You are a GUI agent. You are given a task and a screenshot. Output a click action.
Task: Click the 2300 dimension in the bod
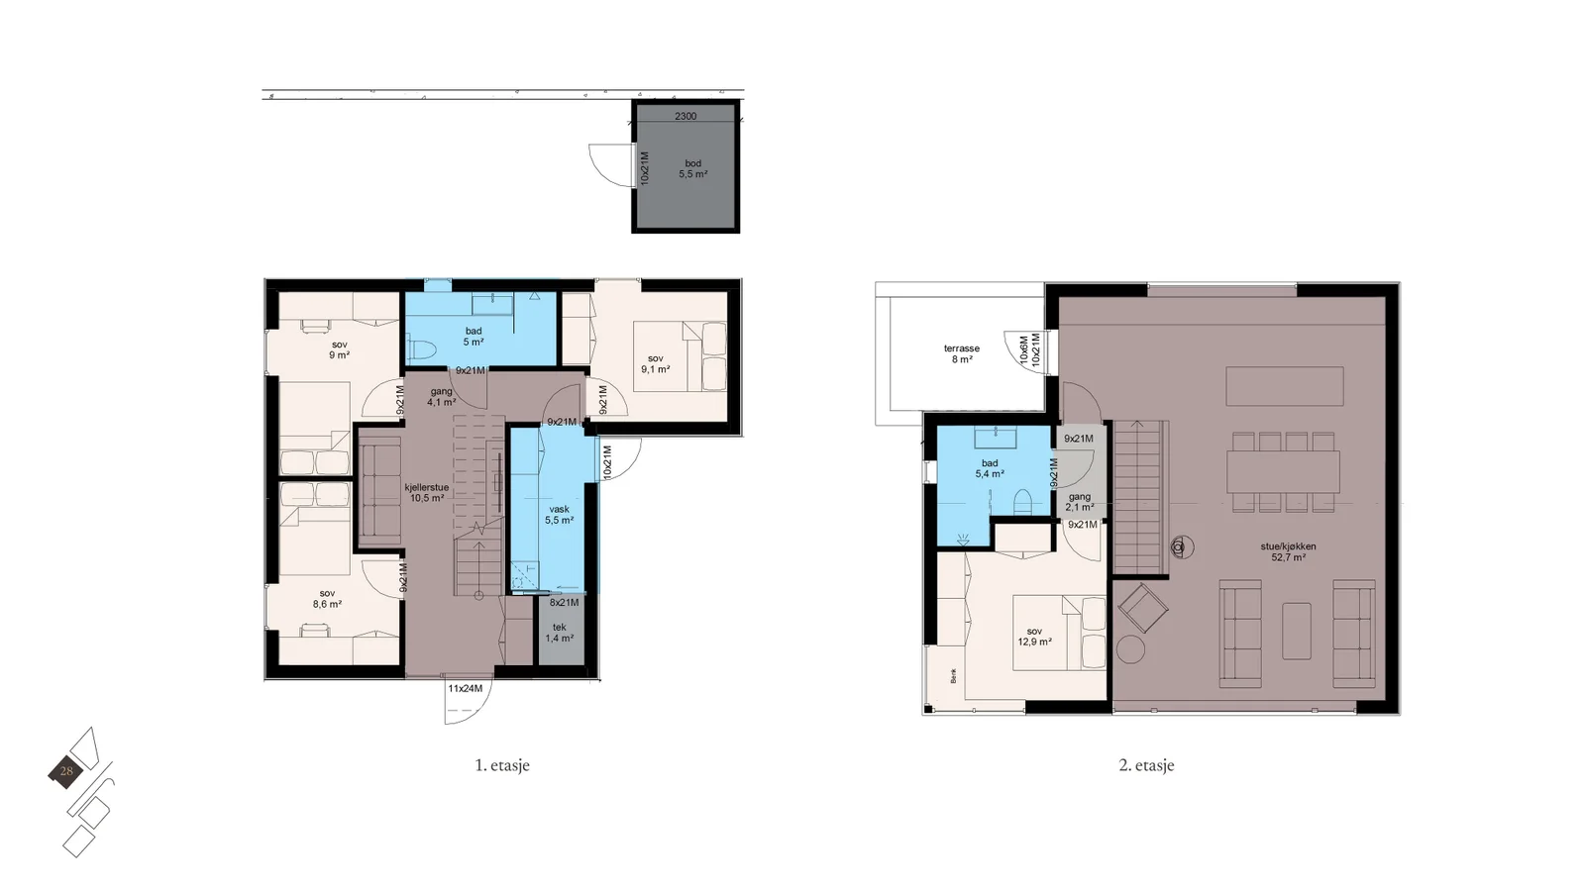(x=685, y=116)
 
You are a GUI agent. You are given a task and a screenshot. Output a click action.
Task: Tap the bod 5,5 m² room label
(x=692, y=168)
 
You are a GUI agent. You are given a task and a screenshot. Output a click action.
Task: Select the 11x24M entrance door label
(x=465, y=688)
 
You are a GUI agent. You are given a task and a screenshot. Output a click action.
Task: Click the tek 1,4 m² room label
(x=559, y=633)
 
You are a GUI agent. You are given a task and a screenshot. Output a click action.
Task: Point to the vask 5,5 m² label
(x=559, y=514)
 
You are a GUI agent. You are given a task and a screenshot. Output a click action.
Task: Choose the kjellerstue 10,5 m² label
(x=427, y=492)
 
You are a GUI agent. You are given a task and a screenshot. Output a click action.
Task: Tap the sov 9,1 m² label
(x=655, y=363)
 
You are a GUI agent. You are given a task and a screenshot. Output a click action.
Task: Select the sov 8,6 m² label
(x=327, y=598)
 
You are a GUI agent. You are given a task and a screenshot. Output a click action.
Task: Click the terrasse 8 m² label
(x=962, y=353)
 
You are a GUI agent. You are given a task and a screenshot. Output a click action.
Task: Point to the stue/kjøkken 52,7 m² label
(x=1288, y=551)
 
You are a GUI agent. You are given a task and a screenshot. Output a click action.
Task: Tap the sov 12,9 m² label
(x=1034, y=637)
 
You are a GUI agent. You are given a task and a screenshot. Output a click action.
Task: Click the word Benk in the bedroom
(x=954, y=675)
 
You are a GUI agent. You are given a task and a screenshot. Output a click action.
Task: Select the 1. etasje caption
(x=501, y=765)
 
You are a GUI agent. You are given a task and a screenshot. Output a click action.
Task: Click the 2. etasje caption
(x=1146, y=765)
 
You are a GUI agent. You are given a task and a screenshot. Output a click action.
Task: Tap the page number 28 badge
(x=65, y=771)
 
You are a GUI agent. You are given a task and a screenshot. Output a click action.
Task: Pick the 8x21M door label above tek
(x=564, y=603)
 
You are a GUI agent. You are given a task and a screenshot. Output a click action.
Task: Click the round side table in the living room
(x=1130, y=648)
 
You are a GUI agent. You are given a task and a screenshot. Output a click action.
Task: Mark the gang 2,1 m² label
(x=1080, y=502)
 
